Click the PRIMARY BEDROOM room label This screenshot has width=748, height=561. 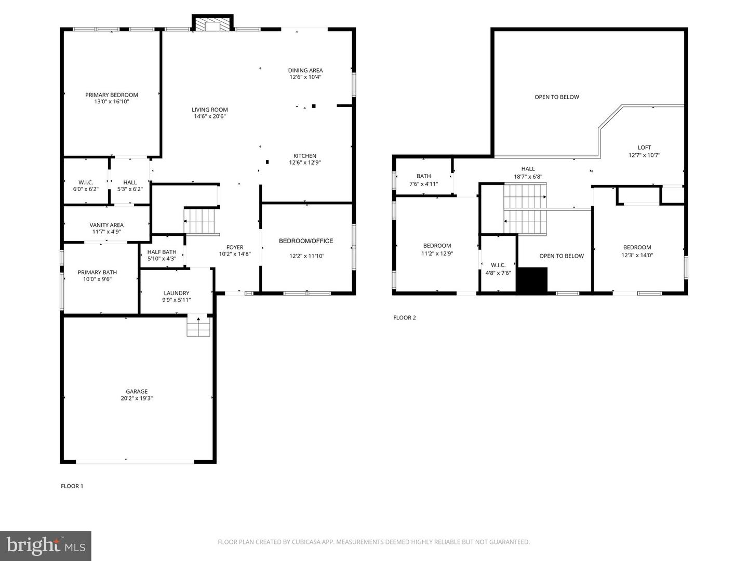pos(112,95)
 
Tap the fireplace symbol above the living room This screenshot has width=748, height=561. pos(212,23)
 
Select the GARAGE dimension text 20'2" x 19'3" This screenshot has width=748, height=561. pos(137,398)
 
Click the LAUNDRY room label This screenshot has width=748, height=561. pos(176,293)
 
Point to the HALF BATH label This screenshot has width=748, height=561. pos(162,252)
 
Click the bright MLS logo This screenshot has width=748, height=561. pos(45,545)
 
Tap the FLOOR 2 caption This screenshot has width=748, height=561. pos(405,317)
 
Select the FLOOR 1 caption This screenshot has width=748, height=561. pos(72,486)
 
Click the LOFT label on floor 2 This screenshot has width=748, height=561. pos(644,148)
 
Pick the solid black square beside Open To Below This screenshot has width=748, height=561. pos(532,279)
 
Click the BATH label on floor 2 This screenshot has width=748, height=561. pos(423,176)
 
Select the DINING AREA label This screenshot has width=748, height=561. pos(305,70)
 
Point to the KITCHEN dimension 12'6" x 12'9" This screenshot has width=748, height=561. pos(305,163)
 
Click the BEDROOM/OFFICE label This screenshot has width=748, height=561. pos(306,241)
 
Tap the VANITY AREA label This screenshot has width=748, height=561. pos(106,225)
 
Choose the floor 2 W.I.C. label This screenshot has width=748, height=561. pos(498,265)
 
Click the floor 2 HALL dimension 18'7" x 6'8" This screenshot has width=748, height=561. pos(528,177)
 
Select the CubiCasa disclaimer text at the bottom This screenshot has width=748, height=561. pos(374,542)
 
